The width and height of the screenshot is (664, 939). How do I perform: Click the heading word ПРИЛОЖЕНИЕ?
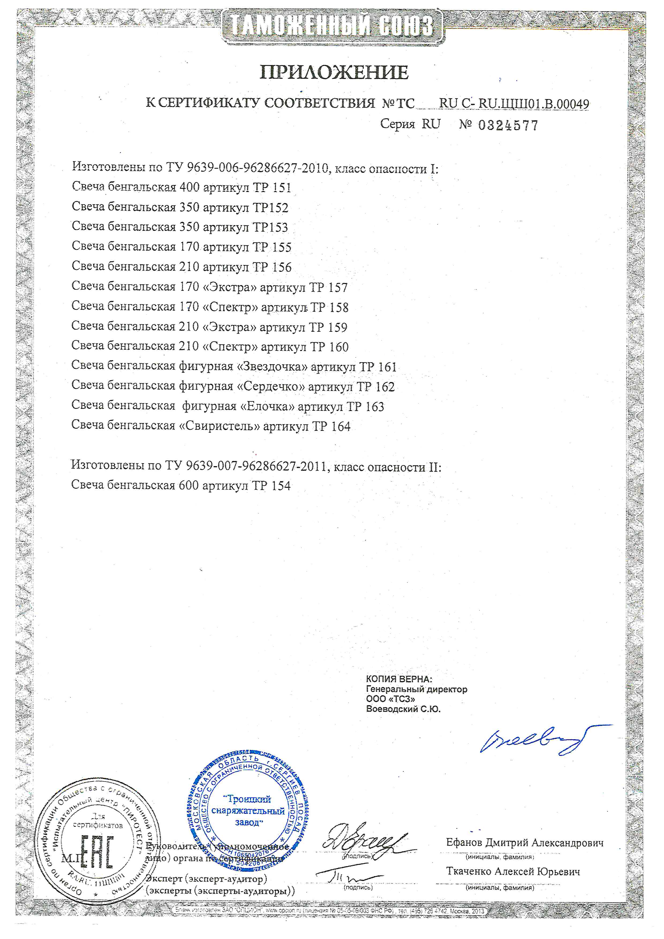pyautogui.click(x=334, y=73)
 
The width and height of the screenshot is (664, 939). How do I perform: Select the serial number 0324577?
pyautogui.click(x=508, y=125)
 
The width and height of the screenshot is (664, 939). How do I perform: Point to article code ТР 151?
pyautogui.click(x=272, y=188)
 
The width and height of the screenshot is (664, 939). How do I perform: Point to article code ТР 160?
pyautogui.click(x=329, y=347)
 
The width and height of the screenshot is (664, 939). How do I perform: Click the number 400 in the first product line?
pyautogui.click(x=189, y=188)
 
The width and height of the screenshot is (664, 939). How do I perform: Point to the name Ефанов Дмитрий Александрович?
pyautogui.click(x=524, y=843)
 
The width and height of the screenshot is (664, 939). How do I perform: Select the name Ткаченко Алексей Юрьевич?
pyautogui.click(x=513, y=872)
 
